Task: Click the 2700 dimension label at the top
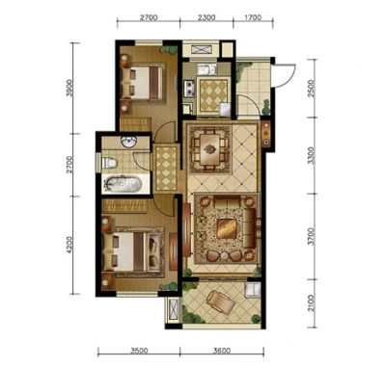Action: [x=149, y=17]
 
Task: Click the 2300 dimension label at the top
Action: [x=207, y=17]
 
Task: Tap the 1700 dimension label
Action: [x=253, y=17]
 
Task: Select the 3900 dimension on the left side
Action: [x=70, y=88]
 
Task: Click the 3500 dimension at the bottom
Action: [x=139, y=351]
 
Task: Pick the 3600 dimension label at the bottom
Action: [x=222, y=351]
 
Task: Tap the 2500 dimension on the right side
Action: [x=311, y=88]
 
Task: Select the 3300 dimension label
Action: [x=311, y=156]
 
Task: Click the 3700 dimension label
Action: [x=311, y=237]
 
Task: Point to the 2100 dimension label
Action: [x=311, y=303]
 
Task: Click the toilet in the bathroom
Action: [x=109, y=163]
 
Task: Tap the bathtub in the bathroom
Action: [x=123, y=185]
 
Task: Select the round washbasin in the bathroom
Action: [x=129, y=142]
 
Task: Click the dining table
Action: [x=210, y=149]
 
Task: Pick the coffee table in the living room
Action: [x=227, y=228]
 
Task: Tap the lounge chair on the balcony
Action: [x=221, y=302]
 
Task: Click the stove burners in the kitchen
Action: [x=189, y=89]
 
